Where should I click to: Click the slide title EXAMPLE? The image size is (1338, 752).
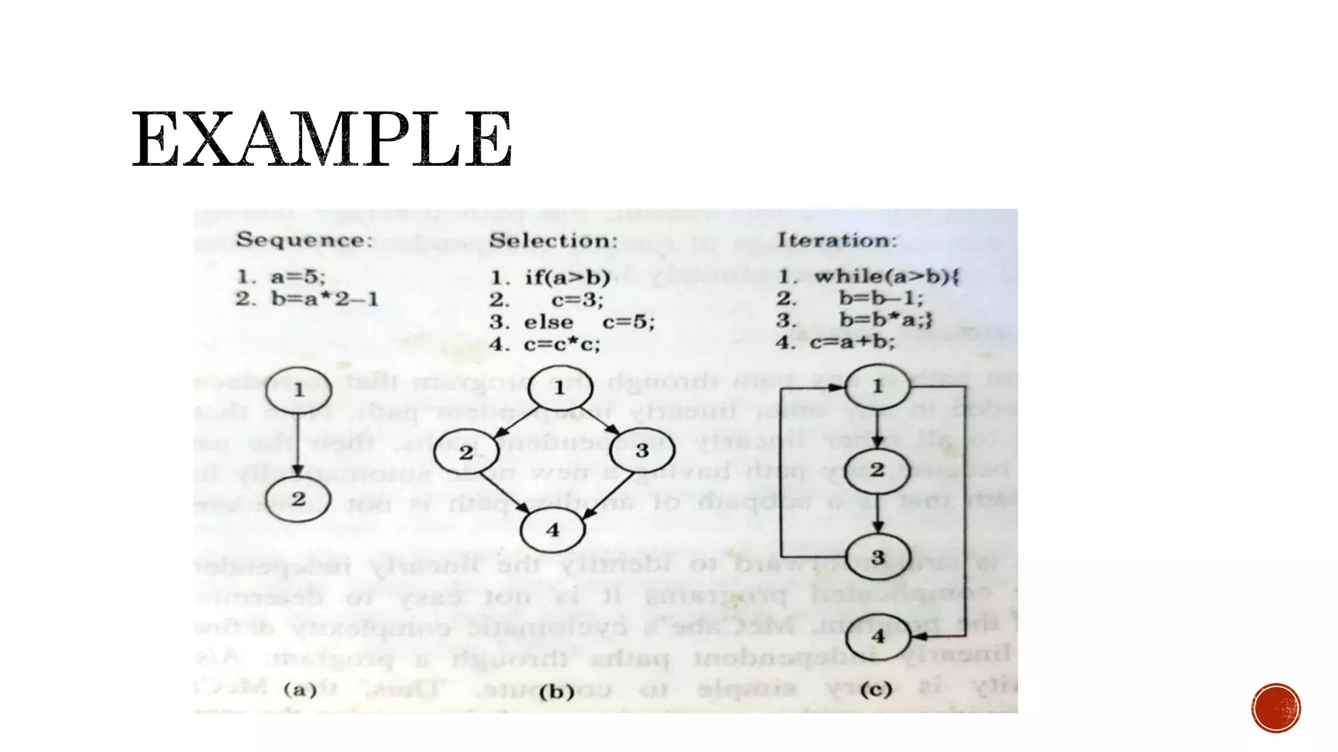(x=321, y=139)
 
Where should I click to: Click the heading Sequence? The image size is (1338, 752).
(x=304, y=240)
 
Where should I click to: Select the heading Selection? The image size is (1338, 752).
(x=553, y=241)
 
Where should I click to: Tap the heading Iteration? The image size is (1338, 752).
(x=837, y=240)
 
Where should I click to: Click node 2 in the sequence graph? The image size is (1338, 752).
(x=299, y=499)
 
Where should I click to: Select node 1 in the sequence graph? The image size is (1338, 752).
(x=299, y=390)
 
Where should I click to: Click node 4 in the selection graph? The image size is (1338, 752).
(x=553, y=529)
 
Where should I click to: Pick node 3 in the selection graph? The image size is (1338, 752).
(x=642, y=450)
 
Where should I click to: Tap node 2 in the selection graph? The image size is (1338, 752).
(x=466, y=452)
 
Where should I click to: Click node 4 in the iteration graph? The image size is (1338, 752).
(x=877, y=635)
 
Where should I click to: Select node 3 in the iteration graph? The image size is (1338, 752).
(x=877, y=557)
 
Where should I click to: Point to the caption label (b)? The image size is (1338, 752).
(x=557, y=691)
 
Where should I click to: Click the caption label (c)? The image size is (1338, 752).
(x=876, y=689)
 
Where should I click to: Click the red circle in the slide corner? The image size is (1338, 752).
(x=1276, y=708)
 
